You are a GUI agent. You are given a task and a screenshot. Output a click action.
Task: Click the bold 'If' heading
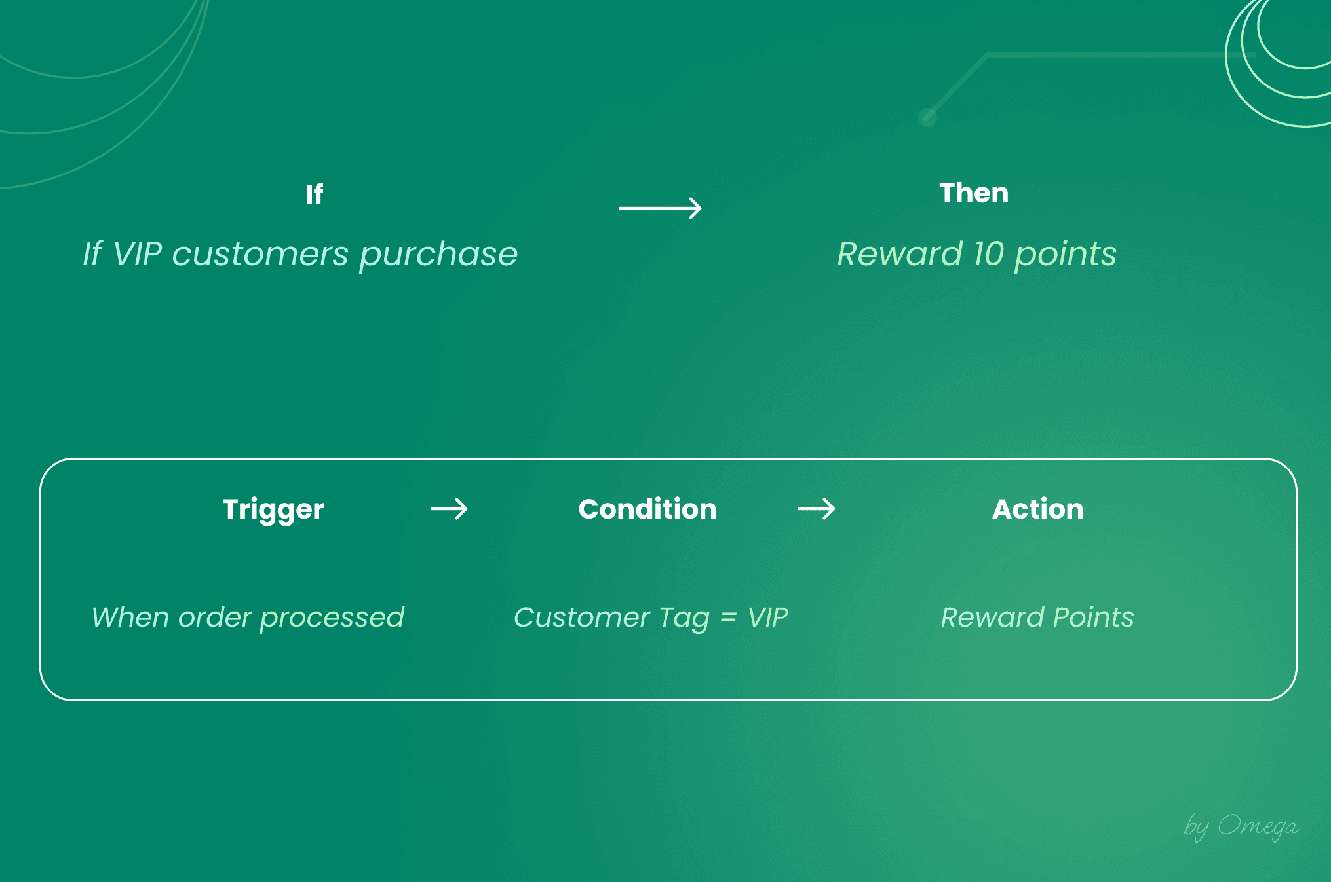click(x=315, y=194)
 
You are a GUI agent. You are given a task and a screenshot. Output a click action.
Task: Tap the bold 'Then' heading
click(x=974, y=193)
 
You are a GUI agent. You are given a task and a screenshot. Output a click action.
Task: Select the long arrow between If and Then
click(x=660, y=208)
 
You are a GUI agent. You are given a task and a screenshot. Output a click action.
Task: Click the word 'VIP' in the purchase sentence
click(x=138, y=254)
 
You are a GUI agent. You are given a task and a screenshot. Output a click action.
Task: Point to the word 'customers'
click(x=260, y=254)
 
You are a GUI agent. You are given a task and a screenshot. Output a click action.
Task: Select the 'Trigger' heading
click(x=273, y=509)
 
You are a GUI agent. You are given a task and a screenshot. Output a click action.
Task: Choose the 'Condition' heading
click(x=647, y=509)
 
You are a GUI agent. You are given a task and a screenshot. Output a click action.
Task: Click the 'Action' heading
click(x=1038, y=509)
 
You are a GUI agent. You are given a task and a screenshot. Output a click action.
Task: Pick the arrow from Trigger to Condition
click(x=449, y=509)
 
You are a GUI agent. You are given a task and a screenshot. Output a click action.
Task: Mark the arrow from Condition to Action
click(x=817, y=509)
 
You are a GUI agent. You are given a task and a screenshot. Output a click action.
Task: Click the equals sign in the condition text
click(x=729, y=618)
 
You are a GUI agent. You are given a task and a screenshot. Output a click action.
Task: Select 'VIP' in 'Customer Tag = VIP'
click(x=768, y=617)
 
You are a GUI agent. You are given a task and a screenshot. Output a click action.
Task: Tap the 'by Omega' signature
click(x=1241, y=826)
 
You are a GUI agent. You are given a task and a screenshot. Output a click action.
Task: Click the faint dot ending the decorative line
click(x=927, y=117)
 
